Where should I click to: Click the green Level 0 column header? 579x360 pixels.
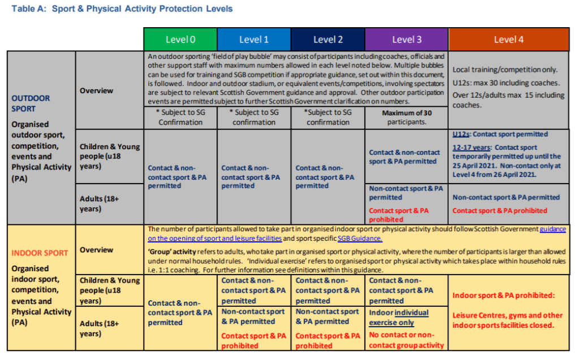pyautogui.click(x=180, y=39)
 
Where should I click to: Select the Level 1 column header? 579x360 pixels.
pyautogui.click(x=254, y=39)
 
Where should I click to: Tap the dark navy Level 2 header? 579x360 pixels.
pyautogui.click(x=328, y=39)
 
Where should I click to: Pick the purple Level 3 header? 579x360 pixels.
pyautogui.click(x=407, y=39)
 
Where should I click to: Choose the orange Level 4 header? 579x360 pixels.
pyautogui.click(x=508, y=39)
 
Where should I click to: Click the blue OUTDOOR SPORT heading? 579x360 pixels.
pyautogui.click(x=31, y=103)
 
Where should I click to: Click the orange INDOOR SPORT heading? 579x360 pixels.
pyautogui.click(x=40, y=253)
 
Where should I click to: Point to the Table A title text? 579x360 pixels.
pyautogui.click(x=122, y=9)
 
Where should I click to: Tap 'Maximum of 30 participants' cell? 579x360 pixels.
pyautogui.click(x=407, y=117)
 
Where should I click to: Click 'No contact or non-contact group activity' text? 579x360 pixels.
pyautogui.click(x=407, y=340)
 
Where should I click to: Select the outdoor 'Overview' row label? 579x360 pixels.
pyautogui.click(x=96, y=90)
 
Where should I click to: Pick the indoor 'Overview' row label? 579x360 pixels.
pyautogui.click(x=96, y=249)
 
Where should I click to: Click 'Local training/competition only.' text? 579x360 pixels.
pyautogui.click(x=505, y=70)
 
